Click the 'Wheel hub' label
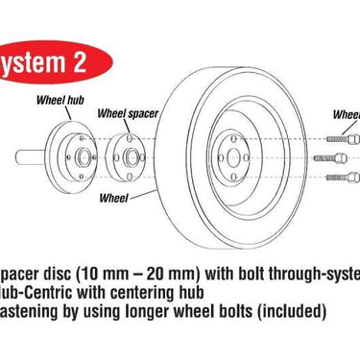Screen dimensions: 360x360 (x=60, y=98)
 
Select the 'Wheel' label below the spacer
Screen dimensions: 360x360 (x=114, y=200)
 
